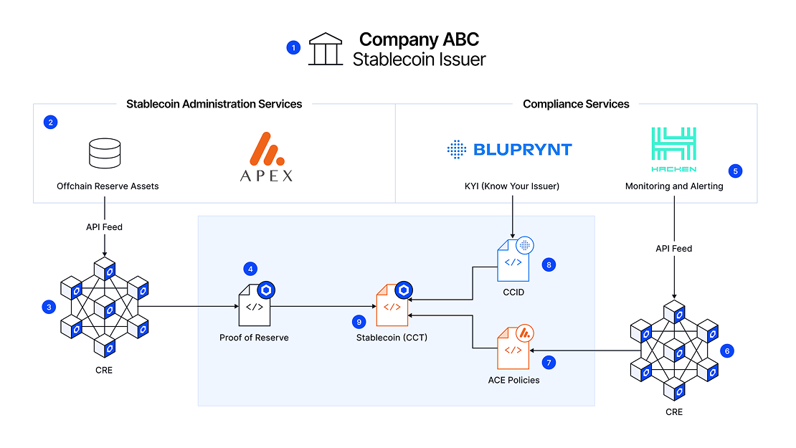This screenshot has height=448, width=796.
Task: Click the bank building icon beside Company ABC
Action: [x=326, y=49]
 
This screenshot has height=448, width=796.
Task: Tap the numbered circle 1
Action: [x=293, y=48]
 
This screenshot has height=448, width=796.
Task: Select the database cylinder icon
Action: [x=105, y=153]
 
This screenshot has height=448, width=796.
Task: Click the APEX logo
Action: [x=267, y=157]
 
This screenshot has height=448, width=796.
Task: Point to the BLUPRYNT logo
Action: [x=510, y=150]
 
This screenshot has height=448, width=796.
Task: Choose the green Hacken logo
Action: [x=673, y=150]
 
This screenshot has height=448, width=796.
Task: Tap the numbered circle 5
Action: [x=735, y=171]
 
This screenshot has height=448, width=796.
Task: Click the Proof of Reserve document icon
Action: [x=255, y=304]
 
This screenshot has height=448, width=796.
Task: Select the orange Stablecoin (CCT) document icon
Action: [x=393, y=304]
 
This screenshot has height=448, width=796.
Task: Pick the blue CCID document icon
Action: [x=513, y=259]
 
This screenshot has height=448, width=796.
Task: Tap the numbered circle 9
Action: [x=359, y=322]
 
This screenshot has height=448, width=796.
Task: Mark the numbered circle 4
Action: [x=250, y=269]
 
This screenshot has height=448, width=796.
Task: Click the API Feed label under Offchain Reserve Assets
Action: [x=104, y=227]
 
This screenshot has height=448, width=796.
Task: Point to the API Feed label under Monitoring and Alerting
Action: [x=673, y=249]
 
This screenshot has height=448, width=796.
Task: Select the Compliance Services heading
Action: [x=576, y=104]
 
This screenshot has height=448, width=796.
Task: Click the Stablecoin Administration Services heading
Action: [x=214, y=104]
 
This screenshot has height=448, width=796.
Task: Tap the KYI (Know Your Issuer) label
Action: [x=512, y=186]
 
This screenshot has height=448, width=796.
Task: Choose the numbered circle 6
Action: [x=727, y=351]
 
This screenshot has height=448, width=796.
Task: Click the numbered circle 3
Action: [x=49, y=307]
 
